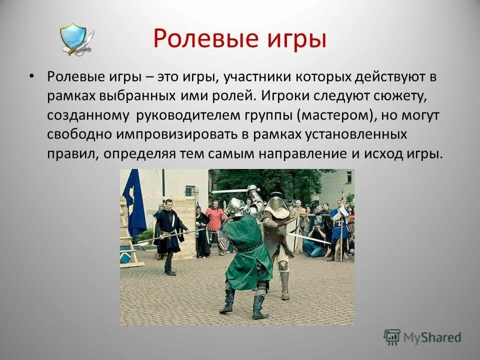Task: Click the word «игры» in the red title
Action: (x=296, y=38)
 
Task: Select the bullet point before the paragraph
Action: (x=31, y=76)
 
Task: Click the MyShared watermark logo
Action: (x=422, y=337)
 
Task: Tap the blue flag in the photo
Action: (x=134, y=203)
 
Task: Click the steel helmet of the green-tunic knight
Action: (x=235, y=206)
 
